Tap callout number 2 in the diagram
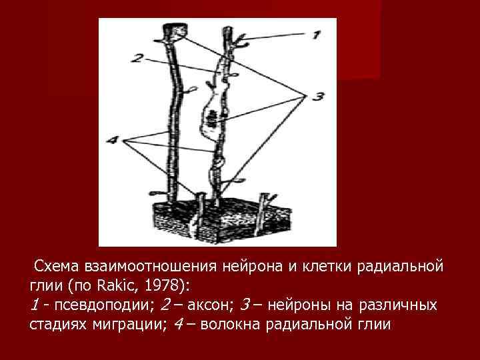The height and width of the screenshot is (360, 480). tap(137, 59)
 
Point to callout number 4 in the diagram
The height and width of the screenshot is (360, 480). tap(112, 141)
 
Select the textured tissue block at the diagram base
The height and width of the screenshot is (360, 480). tap(207, 217)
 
